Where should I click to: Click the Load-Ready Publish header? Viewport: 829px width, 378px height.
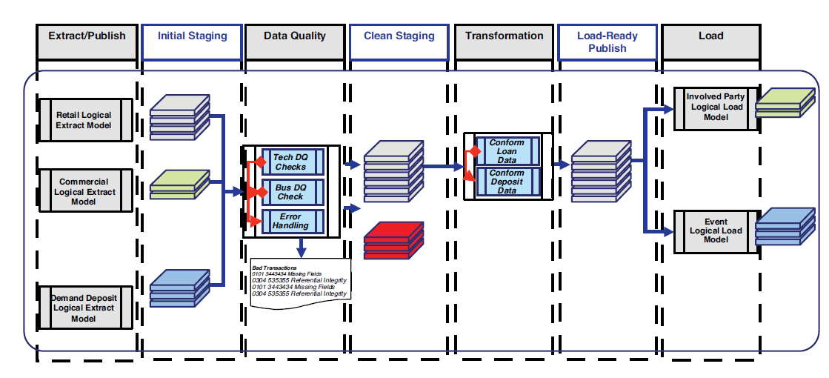(607, 42)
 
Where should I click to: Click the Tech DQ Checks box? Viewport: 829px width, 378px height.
(290, 162)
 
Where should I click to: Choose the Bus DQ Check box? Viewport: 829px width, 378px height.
(290, 191)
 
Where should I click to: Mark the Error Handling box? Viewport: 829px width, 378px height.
(290, 220)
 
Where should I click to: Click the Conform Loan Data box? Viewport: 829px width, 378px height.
(507, 151)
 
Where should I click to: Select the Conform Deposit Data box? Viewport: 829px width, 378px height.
(507, 182)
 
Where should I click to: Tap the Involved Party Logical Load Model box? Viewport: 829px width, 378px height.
(716, 107)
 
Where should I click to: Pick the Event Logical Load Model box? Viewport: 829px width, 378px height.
(716, 231)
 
